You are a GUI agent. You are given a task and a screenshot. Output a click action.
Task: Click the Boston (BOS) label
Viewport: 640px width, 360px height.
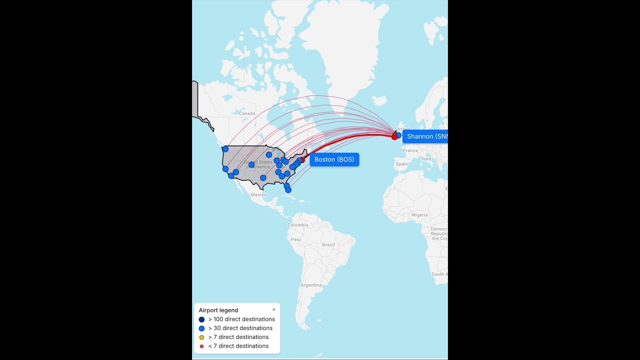334,159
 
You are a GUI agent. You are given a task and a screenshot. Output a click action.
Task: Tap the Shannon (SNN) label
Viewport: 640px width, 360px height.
426,136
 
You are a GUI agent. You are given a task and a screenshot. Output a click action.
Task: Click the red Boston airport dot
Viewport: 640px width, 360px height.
302,160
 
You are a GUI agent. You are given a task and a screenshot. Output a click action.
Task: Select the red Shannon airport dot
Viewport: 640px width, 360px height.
394,136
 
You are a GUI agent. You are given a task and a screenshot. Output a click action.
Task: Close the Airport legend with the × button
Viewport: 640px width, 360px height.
273,309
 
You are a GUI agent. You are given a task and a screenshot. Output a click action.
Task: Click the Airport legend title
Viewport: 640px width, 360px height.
218,310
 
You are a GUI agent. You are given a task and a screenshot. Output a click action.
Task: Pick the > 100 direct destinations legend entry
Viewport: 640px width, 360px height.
241,319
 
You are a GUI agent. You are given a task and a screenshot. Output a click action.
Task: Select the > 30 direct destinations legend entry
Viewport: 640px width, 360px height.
240,328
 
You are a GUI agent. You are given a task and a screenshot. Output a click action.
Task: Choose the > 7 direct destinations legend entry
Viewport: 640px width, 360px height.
238,337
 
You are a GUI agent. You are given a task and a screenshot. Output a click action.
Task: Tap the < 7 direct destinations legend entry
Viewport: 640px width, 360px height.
238,346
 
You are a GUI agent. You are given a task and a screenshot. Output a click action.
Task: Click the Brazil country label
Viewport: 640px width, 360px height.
328,244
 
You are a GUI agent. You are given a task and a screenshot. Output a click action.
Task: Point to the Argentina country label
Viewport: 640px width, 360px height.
310,285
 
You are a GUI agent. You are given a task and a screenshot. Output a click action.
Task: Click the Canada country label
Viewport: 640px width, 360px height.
247,113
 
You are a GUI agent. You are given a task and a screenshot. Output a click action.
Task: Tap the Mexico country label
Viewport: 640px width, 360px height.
258,194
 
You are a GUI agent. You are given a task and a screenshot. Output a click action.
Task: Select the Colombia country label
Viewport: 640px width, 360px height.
297,225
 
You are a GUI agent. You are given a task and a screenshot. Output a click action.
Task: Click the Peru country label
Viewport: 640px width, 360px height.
296,239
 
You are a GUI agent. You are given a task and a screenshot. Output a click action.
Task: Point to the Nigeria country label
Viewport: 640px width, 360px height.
419,215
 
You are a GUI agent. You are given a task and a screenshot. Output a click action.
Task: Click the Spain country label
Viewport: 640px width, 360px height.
401,164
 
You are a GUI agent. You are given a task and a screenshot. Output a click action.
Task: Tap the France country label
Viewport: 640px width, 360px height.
410,150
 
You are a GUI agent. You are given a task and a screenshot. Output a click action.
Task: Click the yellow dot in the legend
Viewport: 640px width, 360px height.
202,337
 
